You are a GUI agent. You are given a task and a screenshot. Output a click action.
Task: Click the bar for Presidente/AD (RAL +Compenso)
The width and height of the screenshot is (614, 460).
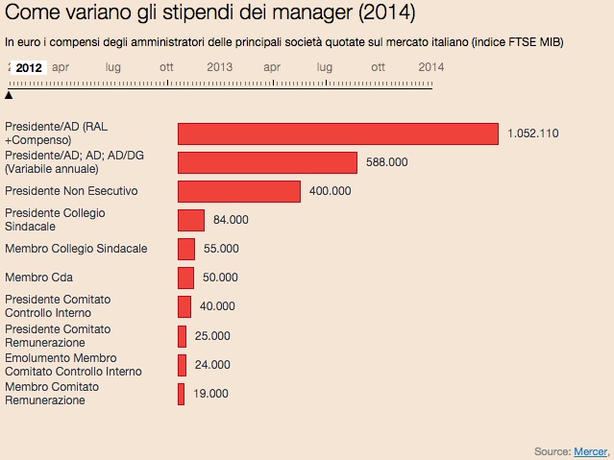click(338, 133)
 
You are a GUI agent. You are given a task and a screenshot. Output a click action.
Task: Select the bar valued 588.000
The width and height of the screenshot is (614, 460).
click(267, 162)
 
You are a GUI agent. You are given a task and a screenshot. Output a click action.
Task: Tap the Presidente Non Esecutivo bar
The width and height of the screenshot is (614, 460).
click(239, 191)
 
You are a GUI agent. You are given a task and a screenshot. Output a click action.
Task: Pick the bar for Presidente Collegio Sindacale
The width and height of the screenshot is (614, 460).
click(191, 220)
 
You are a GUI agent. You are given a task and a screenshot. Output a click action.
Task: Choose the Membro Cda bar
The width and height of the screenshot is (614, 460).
click(186, 278)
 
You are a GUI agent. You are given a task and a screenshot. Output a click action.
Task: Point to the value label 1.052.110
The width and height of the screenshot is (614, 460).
click(533, 133)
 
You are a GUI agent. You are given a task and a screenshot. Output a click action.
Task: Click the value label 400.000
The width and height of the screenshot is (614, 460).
click(331, 191)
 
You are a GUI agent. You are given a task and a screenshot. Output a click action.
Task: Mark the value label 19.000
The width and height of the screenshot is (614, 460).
click(211, 394)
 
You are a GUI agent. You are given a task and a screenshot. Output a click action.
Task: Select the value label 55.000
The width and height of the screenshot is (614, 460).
click(222, 249)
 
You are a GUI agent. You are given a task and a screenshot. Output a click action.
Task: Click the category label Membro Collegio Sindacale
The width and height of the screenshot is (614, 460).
click(76, 249)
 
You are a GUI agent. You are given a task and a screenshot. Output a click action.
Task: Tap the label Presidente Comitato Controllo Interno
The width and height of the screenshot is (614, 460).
click(58, 306)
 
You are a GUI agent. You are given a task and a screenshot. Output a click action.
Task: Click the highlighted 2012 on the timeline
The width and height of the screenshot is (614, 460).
click(29, 67)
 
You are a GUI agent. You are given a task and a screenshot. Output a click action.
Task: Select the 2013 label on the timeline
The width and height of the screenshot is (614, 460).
click(220, 67)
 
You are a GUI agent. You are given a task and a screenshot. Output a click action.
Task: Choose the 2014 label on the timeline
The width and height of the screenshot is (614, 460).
click(431, 67)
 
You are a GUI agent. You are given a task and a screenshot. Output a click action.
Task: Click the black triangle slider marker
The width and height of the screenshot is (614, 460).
click(9, 94)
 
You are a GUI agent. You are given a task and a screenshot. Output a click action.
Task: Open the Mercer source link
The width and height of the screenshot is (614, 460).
click(590, 450)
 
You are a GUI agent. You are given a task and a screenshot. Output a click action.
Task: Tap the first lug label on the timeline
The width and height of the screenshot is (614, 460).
click(113, 67)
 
